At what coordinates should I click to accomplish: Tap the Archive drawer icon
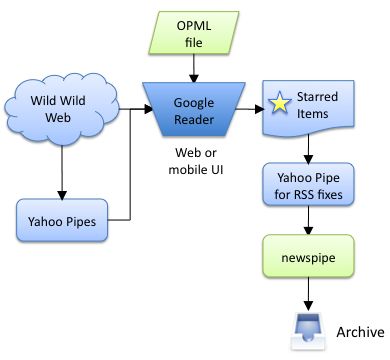coord(306,331)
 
